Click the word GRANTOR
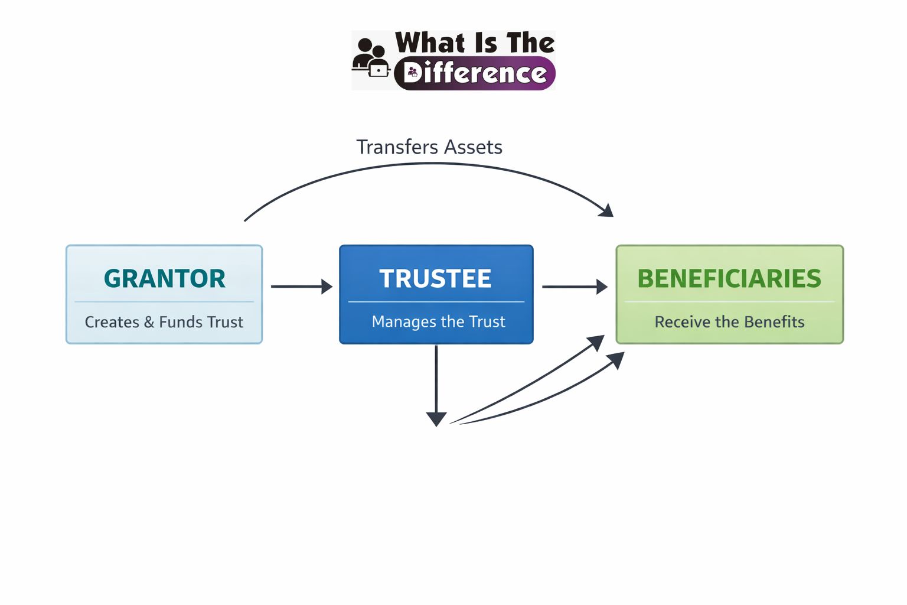[164, 278]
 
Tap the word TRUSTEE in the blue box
[435, 278]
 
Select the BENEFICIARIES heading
[729, 278]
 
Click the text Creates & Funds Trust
[164, 322]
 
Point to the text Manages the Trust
[438, 321]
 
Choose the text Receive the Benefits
[729, 322]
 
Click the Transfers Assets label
[429, 147]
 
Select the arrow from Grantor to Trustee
[301, 287]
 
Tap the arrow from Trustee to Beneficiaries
[574, 287]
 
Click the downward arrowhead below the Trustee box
[436, 419]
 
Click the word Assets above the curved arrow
[474, 147]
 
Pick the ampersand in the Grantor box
[149, 322]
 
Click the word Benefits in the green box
[774, 322]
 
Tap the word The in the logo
[530, 43]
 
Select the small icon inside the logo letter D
[413, 73]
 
